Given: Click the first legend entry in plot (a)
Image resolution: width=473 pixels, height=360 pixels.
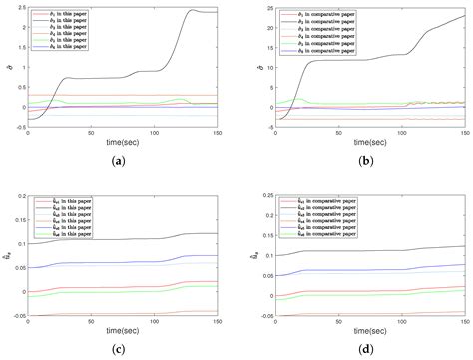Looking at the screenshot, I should [63, 11].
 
